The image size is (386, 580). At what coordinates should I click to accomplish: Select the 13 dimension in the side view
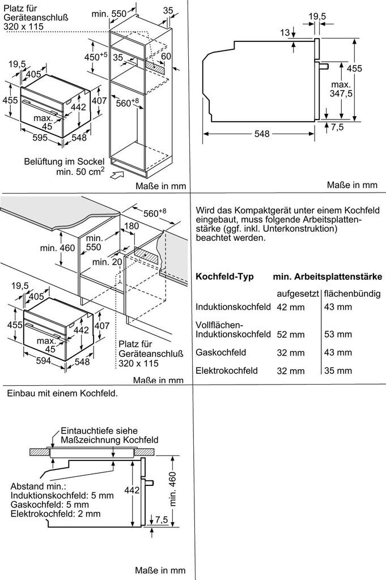(285, 33)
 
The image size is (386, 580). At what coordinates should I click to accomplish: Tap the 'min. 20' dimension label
(108, 262)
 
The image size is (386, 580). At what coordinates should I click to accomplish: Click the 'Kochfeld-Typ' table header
(224, 277)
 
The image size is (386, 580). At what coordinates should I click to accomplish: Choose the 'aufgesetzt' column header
(298, 293)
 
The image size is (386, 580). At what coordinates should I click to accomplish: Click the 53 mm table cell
(338, 334)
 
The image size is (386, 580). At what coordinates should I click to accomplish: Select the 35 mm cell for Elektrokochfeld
(338, 371)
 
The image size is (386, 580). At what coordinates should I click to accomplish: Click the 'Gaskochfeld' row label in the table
(220, 352)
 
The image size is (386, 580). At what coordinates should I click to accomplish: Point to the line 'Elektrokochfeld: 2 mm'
(56, 514)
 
